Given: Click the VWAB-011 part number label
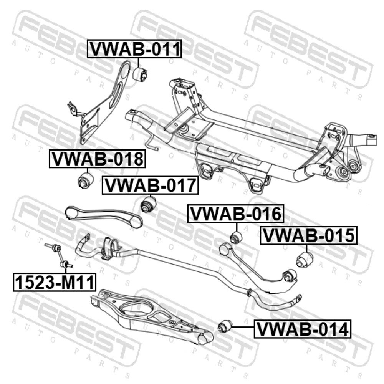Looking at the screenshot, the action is coord(134,49).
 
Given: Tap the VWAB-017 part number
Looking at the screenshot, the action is coord(150,185).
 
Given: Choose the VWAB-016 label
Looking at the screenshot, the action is coord(236,214).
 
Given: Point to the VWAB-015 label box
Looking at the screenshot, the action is coord(309,235).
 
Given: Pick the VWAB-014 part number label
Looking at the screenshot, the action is coord(303,329).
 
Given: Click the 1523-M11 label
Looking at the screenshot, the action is coord(55,282).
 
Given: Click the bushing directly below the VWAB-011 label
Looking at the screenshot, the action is coord(140,73).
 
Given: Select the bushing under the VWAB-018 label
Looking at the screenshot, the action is coord(86,180).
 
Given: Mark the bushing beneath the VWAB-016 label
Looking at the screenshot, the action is coord(236,237).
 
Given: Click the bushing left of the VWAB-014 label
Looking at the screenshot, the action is coord(225,327).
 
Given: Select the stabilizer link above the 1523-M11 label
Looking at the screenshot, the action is coord(58,255).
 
